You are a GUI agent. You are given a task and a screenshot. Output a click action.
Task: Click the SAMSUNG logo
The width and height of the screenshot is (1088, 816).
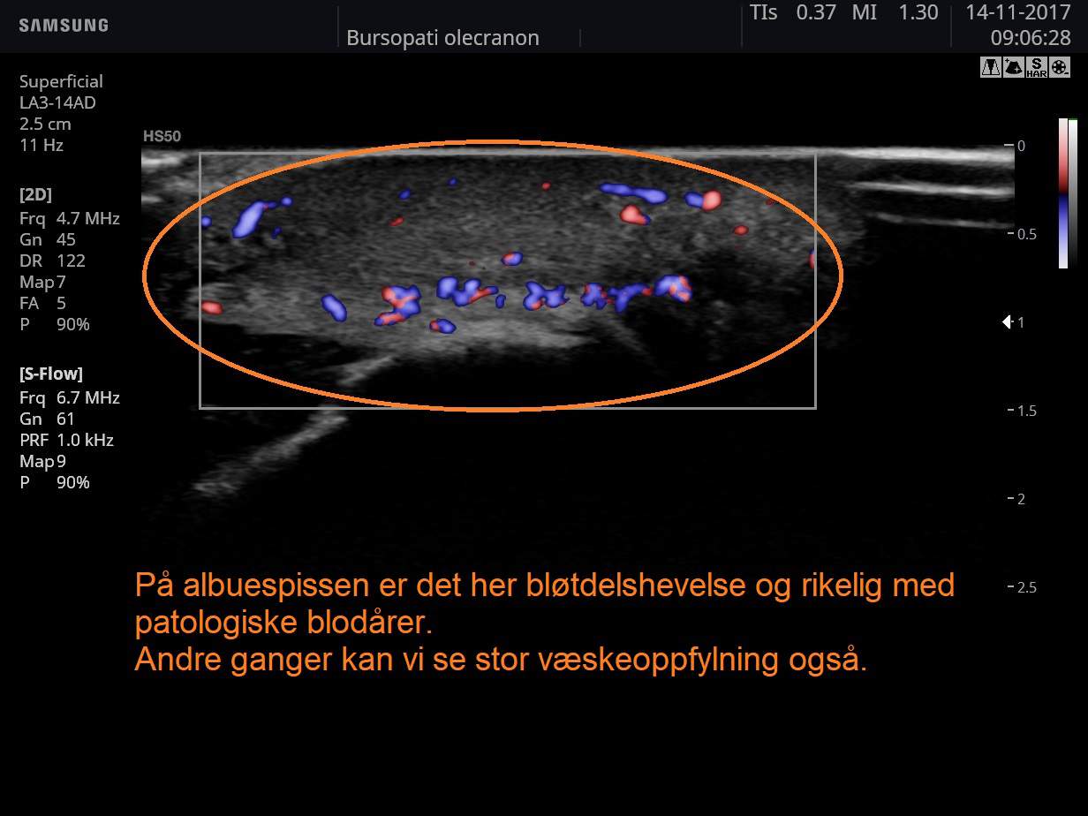point(64,26)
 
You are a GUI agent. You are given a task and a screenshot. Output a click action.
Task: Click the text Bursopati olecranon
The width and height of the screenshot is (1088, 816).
point(442,38)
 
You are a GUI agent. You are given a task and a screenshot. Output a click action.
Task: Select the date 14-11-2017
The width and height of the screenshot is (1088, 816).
point(1017,12)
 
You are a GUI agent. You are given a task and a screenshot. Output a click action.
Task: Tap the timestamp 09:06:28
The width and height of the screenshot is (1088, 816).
point(1031,38)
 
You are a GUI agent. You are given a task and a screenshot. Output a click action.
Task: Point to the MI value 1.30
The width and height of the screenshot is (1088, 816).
point(918,12)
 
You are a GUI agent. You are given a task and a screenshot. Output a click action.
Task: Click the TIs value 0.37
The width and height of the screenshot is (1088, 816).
point(816,12)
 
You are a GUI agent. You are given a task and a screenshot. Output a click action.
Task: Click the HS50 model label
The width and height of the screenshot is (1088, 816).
point(162,136)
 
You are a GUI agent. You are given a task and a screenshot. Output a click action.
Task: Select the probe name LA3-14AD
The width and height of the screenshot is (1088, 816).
point(57,102)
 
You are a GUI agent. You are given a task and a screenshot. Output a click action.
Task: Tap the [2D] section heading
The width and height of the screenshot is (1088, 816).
point(35,194)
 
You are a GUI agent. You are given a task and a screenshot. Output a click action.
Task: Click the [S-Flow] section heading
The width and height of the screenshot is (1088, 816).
point(51,374)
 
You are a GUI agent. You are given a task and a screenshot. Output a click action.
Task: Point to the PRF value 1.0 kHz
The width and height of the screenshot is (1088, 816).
point(85,440)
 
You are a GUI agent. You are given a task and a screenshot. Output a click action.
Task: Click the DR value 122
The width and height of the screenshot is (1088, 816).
point(71,261)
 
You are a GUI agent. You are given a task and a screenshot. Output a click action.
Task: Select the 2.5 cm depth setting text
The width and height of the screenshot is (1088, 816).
point(45,124)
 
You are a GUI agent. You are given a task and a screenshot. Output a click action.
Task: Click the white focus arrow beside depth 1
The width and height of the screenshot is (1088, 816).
point(1007,322)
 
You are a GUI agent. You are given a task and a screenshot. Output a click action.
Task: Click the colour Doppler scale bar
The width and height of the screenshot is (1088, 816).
point(1063,193)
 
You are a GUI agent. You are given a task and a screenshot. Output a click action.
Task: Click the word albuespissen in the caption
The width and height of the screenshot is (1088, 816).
point(276,586)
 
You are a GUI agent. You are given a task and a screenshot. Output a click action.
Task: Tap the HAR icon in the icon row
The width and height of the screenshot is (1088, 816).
point(1036,67)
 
